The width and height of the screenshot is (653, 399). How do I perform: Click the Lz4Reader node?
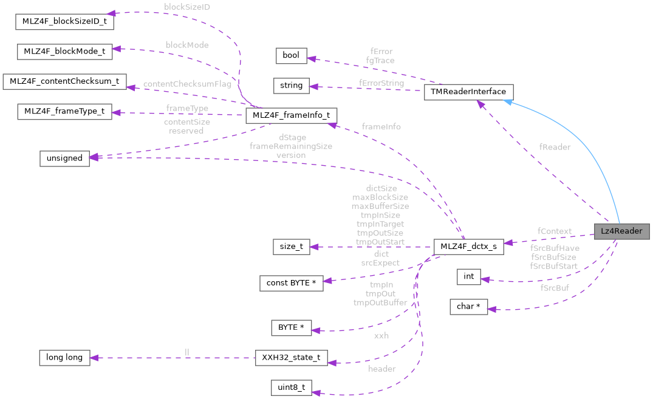[621, 231]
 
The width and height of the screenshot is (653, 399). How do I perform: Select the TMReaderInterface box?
[468, 92]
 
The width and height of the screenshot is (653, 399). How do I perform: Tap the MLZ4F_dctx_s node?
[468, 247]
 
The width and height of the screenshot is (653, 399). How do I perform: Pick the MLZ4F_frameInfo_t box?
[291, 115]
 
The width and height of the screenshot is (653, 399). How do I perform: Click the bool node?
[291, 55]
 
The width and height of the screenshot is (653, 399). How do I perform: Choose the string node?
[291, 85]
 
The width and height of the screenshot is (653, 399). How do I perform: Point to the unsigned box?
[64, 158]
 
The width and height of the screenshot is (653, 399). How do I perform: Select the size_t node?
[291, 247]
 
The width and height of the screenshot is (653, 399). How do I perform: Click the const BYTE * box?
[291, 283]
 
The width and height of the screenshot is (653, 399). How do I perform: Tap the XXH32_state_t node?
[291, 357]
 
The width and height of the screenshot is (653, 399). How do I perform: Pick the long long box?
[64, 357]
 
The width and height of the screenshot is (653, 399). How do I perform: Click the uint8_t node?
[291, 387]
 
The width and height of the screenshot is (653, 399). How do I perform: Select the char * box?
[468, 307]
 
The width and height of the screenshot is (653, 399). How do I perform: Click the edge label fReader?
[555, 147]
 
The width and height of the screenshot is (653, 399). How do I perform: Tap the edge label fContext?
[554, 231]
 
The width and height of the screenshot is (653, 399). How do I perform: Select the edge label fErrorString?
[381, 83]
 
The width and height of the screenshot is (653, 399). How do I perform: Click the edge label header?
[381, 369]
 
